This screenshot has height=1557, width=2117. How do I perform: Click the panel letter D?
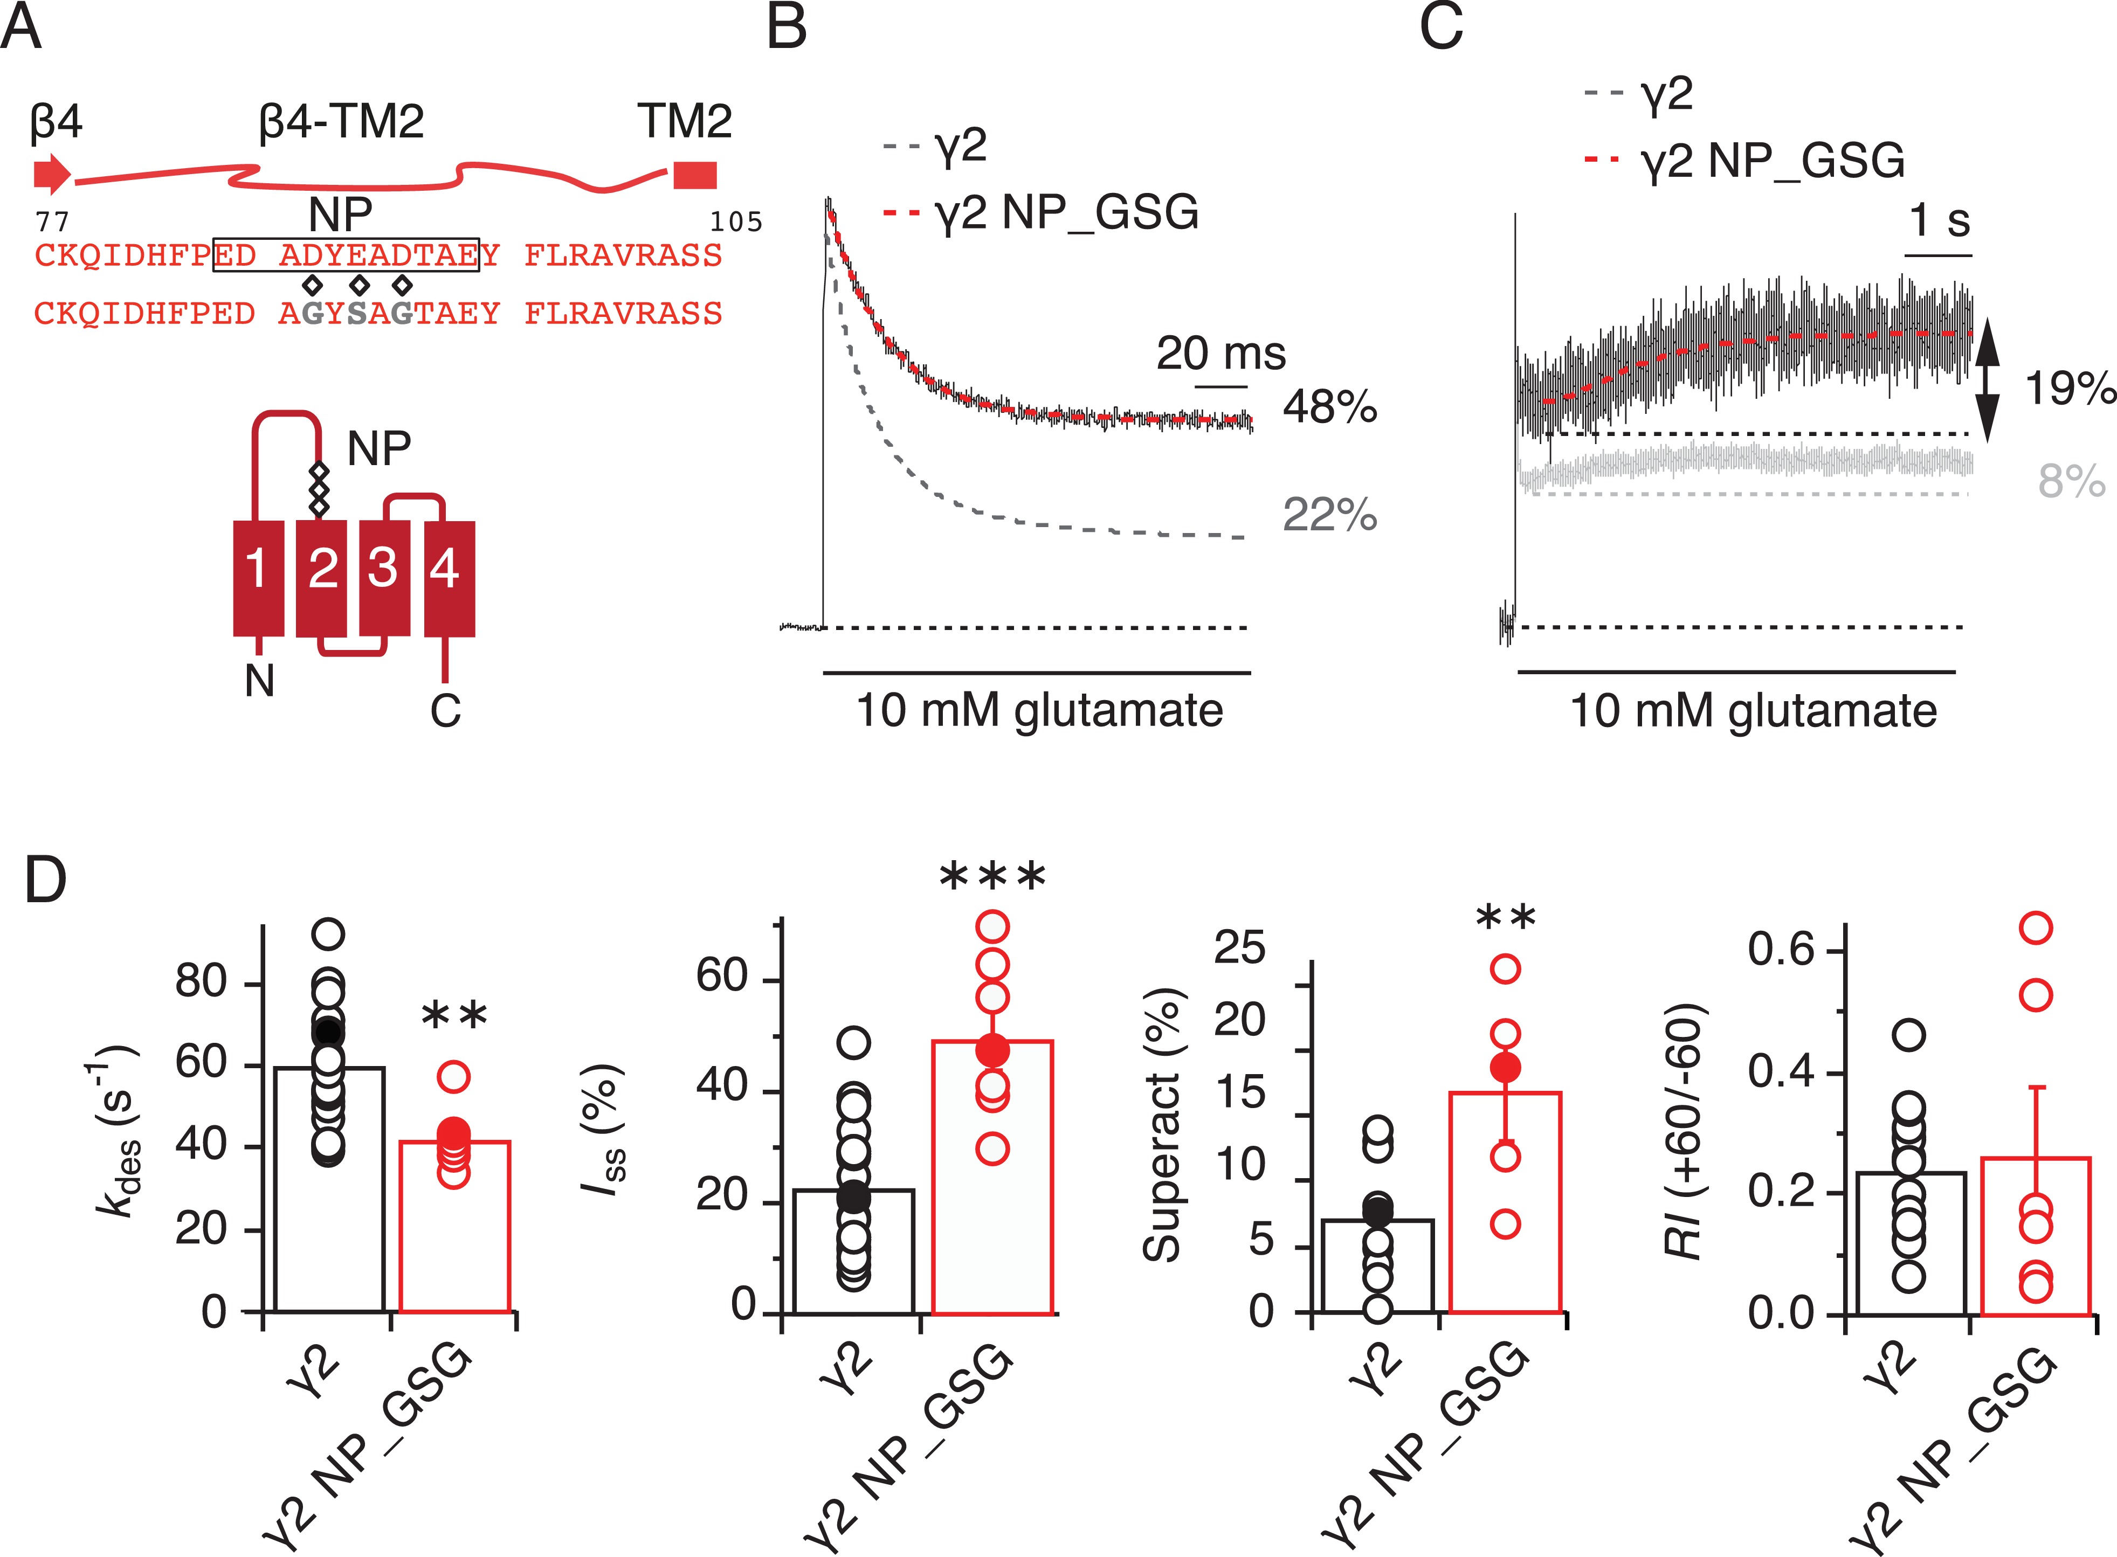[45, 880]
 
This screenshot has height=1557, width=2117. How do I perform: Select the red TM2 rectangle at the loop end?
[695, 175]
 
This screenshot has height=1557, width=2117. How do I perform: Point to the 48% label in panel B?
[1329, 407]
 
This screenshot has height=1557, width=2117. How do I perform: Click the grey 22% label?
[1329, 515]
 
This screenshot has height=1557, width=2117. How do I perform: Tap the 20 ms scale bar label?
[1220, 354]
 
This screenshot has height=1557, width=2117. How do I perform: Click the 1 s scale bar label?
[1939, 220]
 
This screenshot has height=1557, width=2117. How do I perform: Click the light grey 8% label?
[2071, 482]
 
